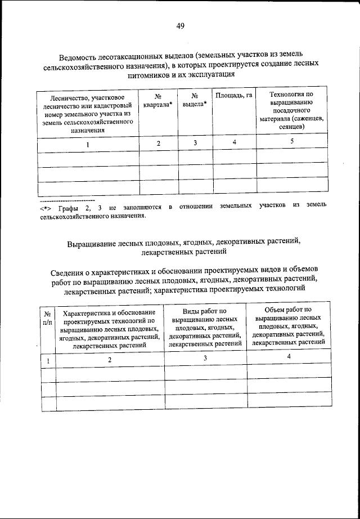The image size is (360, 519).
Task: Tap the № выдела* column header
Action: coord(195,100)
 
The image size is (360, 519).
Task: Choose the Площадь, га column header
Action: coord(233,96)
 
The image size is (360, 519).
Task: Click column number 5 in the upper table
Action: coord(292,142)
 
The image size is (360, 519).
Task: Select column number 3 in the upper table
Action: coord(195,143)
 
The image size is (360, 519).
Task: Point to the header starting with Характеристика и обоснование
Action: coord(110,329)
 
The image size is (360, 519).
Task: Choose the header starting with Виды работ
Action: coord(205,326)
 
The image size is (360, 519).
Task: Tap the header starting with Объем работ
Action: coord(289,325)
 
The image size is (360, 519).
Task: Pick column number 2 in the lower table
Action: coord(110,359)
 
